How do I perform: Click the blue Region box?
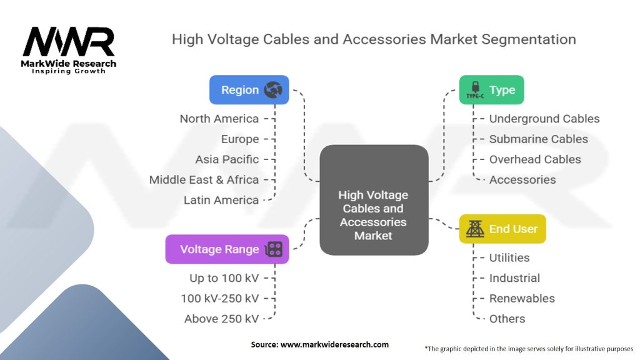click(x=249, y=90)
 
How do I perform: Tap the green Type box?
click(x=491, y=90)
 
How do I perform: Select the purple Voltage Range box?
click(x=227, y=249)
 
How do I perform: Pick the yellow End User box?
click(x=502, y=229)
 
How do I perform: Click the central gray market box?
click(x=374, y=200)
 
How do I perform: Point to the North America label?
click(x=219, y=119)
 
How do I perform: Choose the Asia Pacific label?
click(x=227, y=159)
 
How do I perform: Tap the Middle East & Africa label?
click(x=204, y=179)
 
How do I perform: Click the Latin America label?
click(x=221, y=200)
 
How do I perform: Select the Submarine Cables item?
click(x=538, y=139)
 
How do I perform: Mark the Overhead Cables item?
click(x=535, y=159)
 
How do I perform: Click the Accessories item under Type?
click(x=522, y=179)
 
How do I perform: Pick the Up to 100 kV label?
click(x=224, y=278)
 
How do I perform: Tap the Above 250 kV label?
click(x=222, y=319)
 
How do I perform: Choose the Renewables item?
click(x=522, y=298)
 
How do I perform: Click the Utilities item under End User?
click(x=509, y=257)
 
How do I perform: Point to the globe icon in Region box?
click(x=273, y=90)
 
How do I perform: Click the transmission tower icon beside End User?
click(x=475, y=229)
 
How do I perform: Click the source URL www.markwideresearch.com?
click(x=334, y=344)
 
